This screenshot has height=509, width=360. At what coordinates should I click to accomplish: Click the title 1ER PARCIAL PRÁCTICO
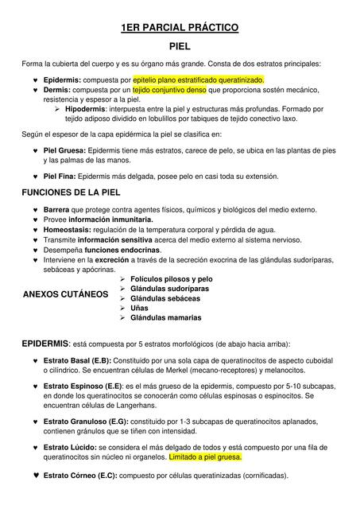[180, 29]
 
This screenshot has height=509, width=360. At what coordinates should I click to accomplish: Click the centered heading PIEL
[180, 48]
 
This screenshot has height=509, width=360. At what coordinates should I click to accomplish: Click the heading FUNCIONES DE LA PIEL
[71, 192]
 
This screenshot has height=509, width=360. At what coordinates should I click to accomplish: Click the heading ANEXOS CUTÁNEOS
[66, 293]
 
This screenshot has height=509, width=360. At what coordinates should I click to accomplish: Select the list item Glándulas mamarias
[165, 317]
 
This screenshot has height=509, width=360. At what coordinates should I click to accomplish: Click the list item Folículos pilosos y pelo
[171, 279]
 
